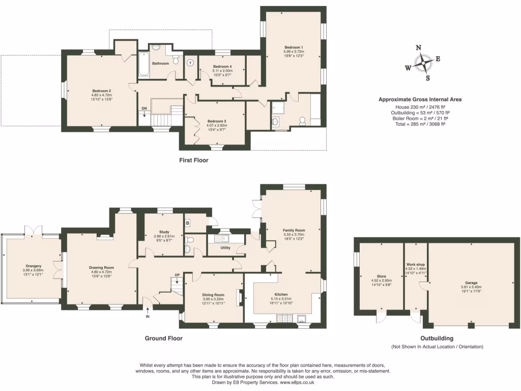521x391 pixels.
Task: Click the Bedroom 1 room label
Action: point(294,47)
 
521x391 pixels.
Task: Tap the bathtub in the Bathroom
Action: point(143,65)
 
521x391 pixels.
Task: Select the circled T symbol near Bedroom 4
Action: point(190,63)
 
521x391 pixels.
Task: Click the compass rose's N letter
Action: point(419,48)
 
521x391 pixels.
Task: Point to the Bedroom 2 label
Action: point(101,91)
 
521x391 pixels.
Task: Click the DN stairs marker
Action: point(144,108)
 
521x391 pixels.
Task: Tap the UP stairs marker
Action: point(177,275)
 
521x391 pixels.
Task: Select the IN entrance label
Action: point(148,316)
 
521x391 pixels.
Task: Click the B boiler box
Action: point(188,222)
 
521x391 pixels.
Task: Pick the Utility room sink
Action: point(223,238)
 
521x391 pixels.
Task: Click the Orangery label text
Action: point(34,266)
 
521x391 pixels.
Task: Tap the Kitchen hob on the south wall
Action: point(283,319)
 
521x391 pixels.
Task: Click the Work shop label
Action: point(416,265)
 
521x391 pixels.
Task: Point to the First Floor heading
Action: point(194,160)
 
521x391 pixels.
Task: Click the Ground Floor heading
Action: point(164,338)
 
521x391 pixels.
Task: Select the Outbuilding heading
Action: point(437,338)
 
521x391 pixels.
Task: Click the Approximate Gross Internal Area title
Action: point(420,100)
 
